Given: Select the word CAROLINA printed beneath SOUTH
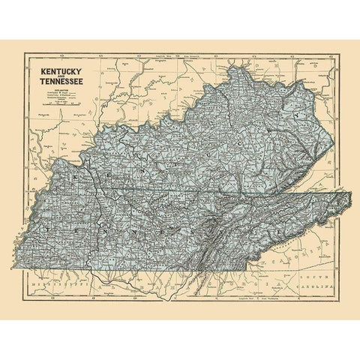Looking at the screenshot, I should (x=318, y=288).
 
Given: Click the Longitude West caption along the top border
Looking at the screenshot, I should (x=165, y=56).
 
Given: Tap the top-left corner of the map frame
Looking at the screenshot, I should (x=24, y=52).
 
